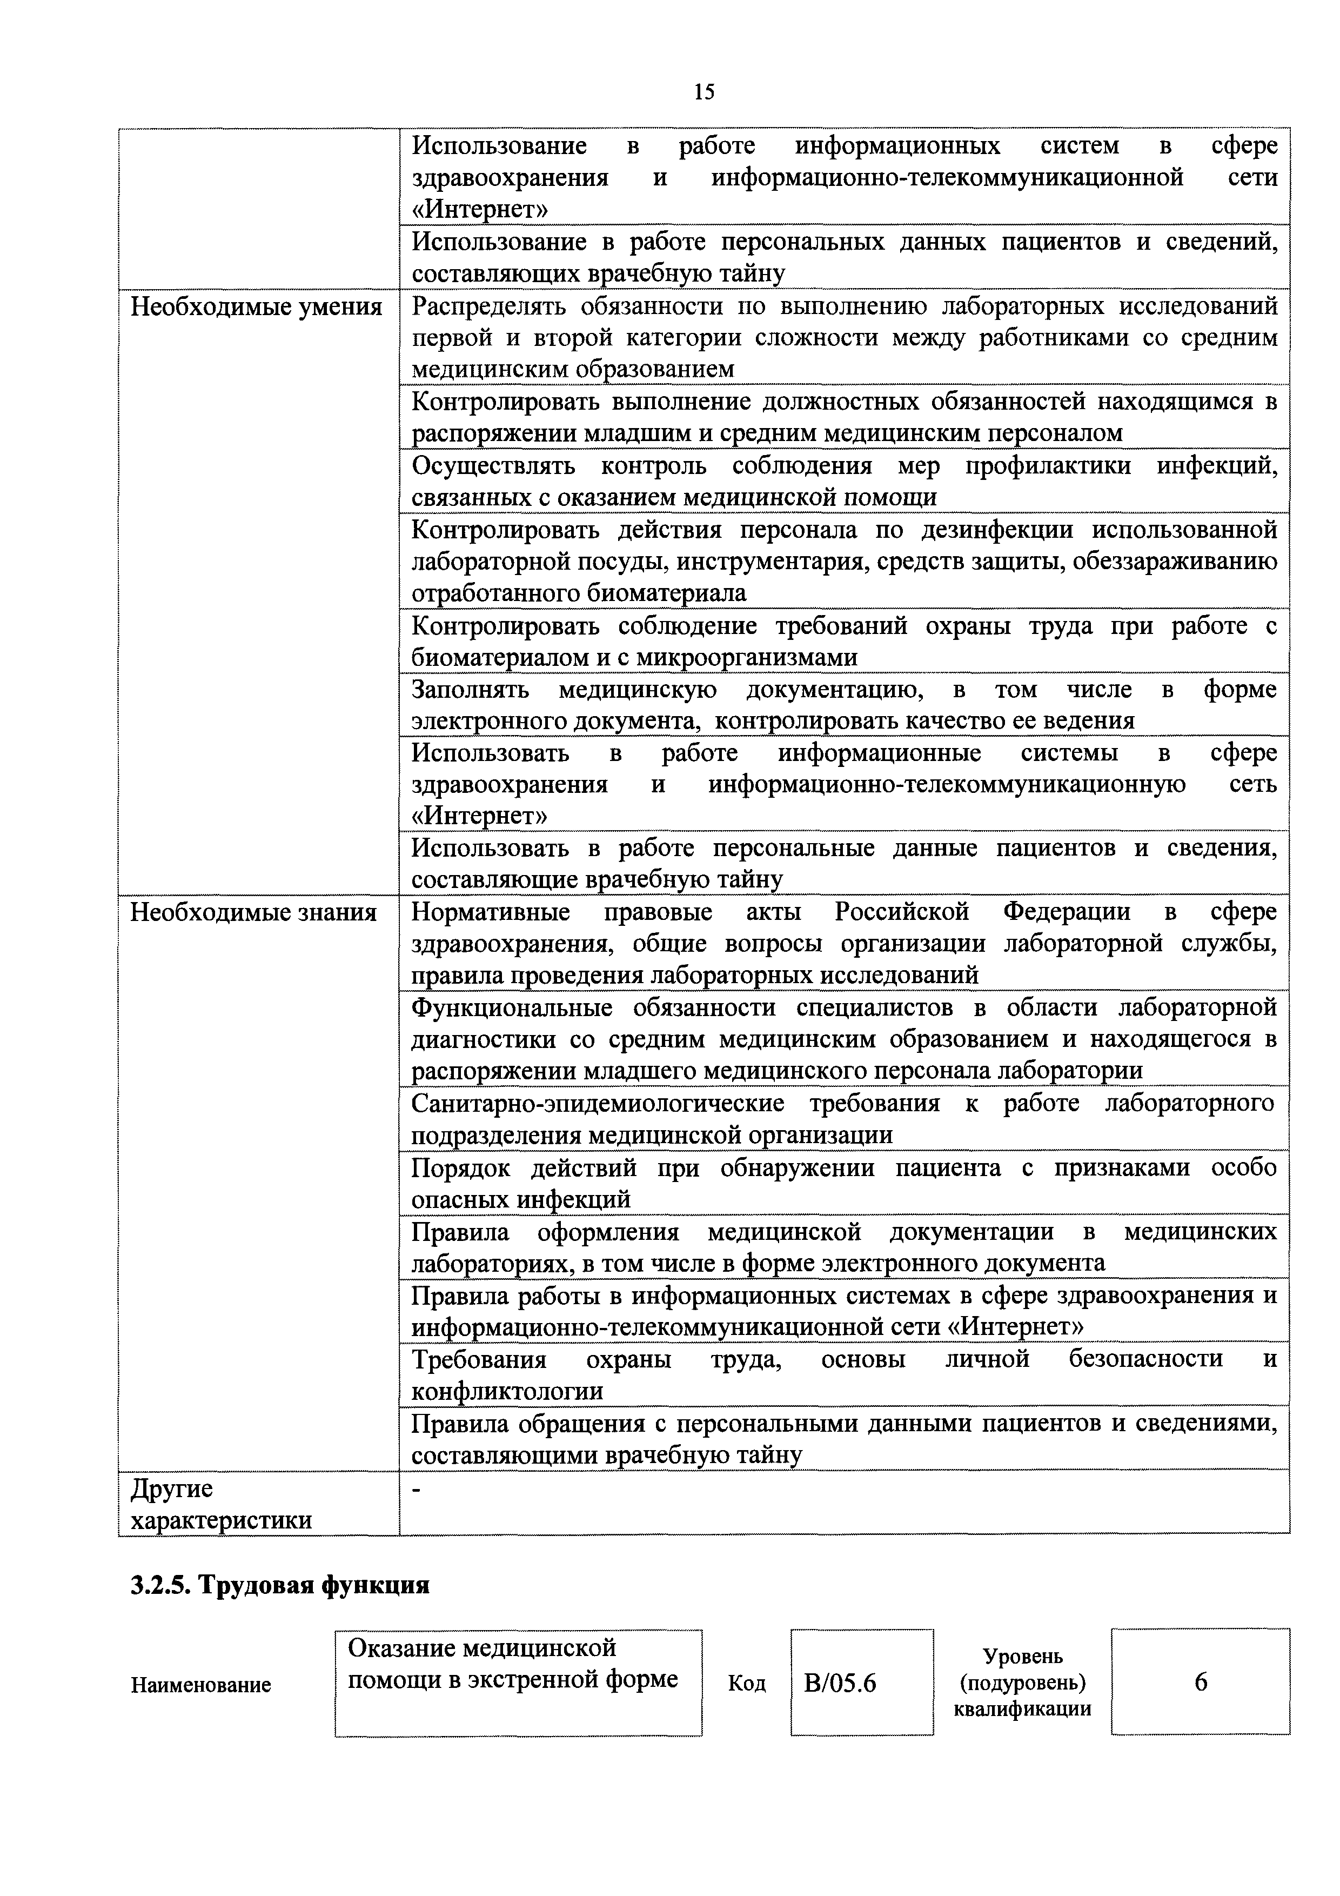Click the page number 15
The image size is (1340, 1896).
tap(704, 92)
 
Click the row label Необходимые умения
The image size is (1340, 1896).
tap(256, 307)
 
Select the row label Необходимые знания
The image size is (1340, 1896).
tap(253, 912)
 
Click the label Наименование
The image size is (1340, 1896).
tap(200, 1685)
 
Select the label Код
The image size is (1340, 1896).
tap(746, 1683)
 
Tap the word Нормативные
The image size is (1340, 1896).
tap(491, 912)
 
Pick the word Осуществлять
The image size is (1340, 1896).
tap(493, 466)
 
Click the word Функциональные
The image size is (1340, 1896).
tap(512, 1007)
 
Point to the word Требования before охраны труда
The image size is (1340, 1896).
tap(479, 1359)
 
